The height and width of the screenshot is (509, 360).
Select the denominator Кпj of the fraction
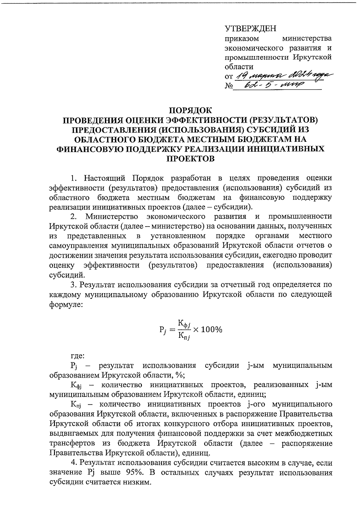[x=184, y=336]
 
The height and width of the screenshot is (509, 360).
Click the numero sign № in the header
[x=229, y=87]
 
